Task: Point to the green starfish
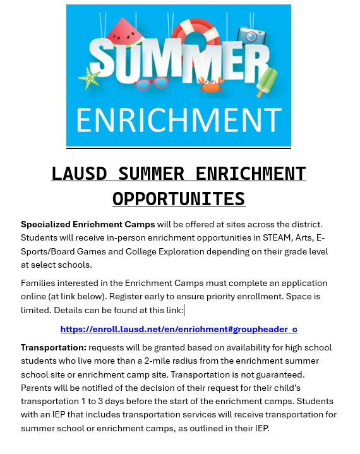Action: (90, 79)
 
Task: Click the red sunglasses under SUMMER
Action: (152, 83)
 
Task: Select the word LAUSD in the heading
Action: (76, 174)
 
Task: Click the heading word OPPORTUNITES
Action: (179, 199)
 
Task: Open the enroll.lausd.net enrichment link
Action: (179, 329)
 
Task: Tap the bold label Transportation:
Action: (53, 348)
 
